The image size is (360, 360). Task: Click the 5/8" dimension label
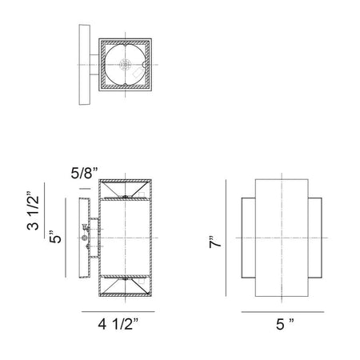[84, 174]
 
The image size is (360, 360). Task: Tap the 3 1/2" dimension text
[33, 210]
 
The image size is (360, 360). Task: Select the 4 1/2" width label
[118, 324]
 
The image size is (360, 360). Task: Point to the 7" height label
[215, 242]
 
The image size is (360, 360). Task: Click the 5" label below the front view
[285, 324]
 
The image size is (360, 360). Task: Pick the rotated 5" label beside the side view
[55, 237]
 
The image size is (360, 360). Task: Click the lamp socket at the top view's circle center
[125, 65]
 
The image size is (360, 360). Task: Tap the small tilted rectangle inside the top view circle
[138, 72]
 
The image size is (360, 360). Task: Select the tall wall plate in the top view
[85, 65]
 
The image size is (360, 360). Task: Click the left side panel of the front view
[249, 238]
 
